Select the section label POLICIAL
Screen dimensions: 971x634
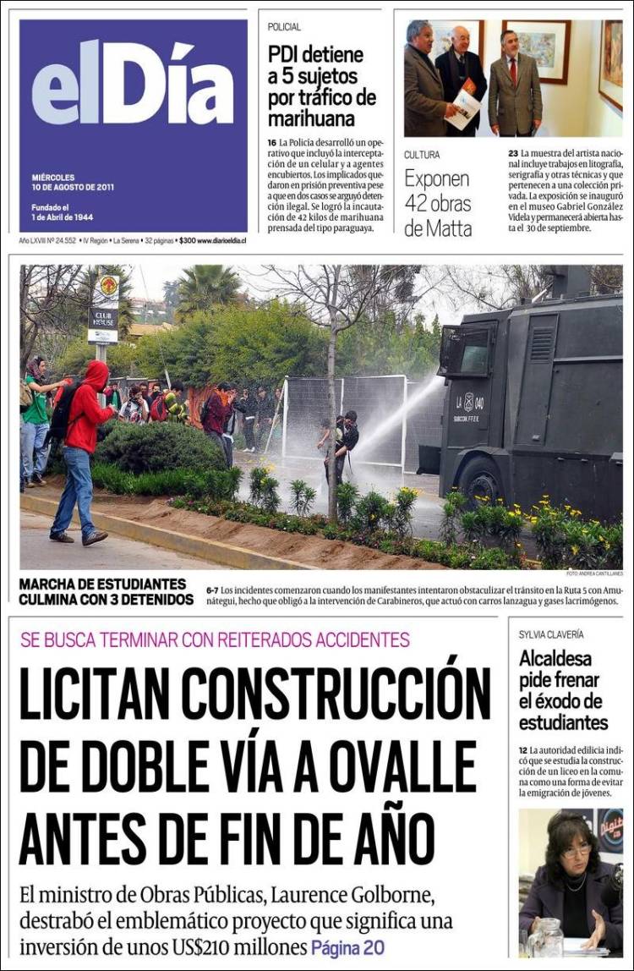(x=284, y=27)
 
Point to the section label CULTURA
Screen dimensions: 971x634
(x=422, y=155)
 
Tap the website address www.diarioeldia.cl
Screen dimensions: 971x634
(x=221, y=241)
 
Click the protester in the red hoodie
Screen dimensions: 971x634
(x=84, y=448)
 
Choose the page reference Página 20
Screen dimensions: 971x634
(x=347, y=948)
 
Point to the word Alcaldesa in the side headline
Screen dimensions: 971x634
(x=555, y=659)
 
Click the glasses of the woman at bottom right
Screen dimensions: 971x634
(x=576, y=850)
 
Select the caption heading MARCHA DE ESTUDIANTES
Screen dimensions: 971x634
(x=102, y=584)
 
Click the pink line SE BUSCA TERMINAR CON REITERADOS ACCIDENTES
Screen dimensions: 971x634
(x=215, y=639)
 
